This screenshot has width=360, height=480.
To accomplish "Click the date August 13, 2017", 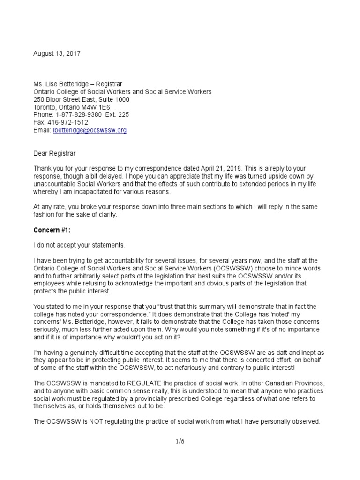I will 57,54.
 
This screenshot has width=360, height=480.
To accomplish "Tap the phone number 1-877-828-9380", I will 78,115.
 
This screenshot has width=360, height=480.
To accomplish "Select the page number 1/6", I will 180,441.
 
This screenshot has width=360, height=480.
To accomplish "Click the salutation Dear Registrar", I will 54,153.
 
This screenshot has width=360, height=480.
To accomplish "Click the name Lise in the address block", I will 52,84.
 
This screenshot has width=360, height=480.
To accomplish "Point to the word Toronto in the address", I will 45,107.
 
